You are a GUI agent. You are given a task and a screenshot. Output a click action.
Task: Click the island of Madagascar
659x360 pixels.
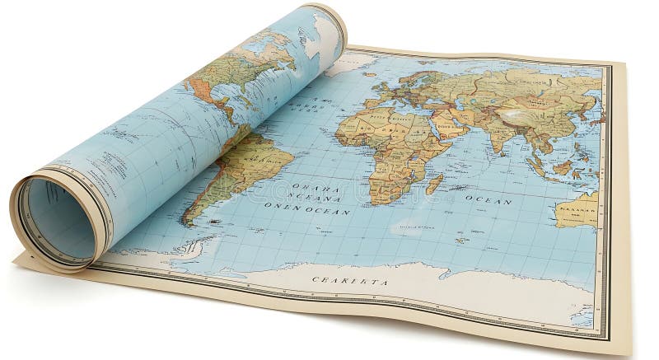[x=434, y=183]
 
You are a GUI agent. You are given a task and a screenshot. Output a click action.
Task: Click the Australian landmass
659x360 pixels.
[x=581, y=211]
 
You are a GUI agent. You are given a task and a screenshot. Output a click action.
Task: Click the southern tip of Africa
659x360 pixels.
[x=381, y=199]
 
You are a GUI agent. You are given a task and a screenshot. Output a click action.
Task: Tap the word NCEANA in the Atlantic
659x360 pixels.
[x=315, y=199]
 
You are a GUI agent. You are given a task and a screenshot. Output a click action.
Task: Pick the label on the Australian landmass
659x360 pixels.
[x=577, y=209]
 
